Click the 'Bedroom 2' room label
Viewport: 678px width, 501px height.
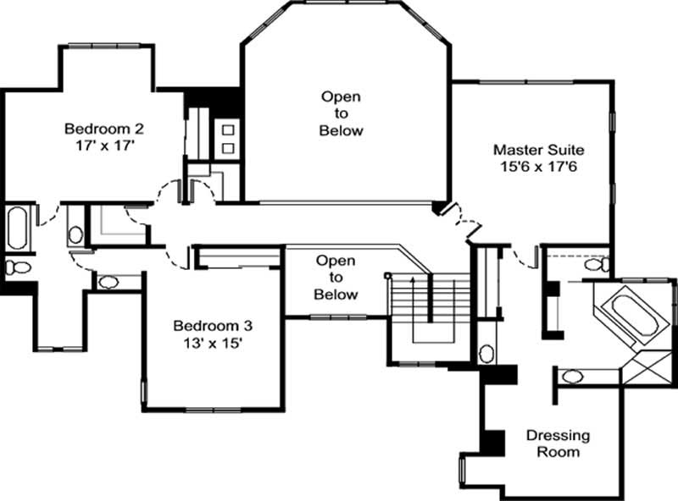point(104,129)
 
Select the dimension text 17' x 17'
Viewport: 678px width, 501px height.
point(104,145)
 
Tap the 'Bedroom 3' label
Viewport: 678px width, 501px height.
point(213,325)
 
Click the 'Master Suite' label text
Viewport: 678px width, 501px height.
point(539,150)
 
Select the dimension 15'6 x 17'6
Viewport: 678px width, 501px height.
point(539,166)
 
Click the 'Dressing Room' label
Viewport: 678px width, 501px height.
point(559,443)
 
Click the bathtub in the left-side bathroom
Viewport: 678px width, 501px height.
point(17,228)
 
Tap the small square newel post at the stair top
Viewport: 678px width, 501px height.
point(388,275)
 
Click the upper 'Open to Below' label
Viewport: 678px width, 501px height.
point(341,113)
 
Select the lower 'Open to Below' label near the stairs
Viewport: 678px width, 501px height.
point(335,278)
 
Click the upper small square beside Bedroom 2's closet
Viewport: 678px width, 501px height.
point(227,129)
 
